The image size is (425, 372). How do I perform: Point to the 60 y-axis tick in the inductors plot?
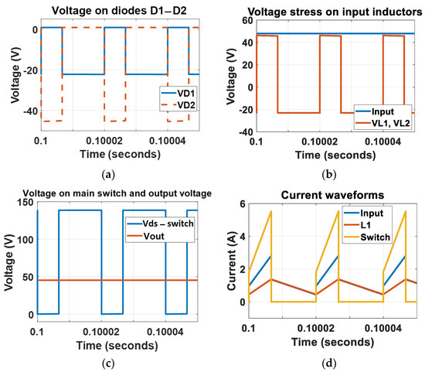click(246, 19)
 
